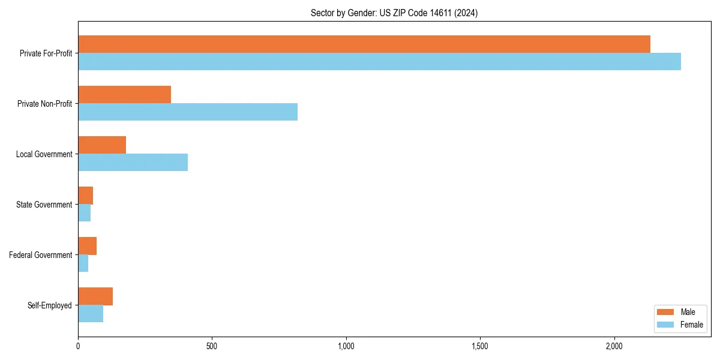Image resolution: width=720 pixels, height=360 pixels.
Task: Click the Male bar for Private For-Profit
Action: click(x=364, y=44)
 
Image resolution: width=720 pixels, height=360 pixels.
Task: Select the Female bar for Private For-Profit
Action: click(x=379, y=62)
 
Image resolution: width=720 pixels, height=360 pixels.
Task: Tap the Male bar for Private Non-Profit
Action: click(x=125, y=95)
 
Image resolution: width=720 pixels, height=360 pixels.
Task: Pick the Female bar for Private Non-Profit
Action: click(x=188, y=112)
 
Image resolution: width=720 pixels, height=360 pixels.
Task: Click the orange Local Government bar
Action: click(x=102, y=145)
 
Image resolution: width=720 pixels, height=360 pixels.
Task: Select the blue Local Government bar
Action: click(x=133, y=163)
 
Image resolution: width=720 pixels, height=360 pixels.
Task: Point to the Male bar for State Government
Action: click(x=86, y=196)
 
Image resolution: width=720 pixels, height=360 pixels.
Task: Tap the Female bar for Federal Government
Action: click(x=83, y=263)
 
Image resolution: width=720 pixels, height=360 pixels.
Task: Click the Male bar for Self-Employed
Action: click(x=95, y=296)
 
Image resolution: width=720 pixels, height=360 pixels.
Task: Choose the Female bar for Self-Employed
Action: click(x=91, y=314)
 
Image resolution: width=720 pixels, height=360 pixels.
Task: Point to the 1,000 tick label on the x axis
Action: click(x=346, y=346)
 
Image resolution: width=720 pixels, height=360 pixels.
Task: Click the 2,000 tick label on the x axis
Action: click(x=614, y=346)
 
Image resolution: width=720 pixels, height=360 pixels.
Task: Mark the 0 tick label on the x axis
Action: click(x=78, y=346)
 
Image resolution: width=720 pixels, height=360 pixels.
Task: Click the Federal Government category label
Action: click(x=41, y=255)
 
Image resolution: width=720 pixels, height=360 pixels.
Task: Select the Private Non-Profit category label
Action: click(x=44, y=104)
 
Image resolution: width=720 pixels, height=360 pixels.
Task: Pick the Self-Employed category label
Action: click(x=50, y=305)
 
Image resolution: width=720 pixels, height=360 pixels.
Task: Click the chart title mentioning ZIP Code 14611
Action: click(x=394, y=13)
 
